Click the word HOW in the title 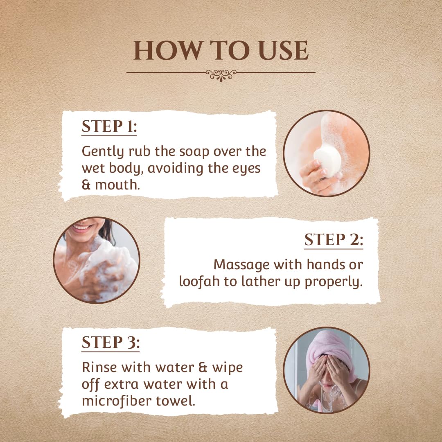pyautogui.click(x=168, y=50)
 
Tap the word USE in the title pyautogui.click(x=283, y=50)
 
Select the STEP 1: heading pyautogui.click(x=109, y=126)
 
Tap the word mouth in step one pyautogui.click(x=117, y=185)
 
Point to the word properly pyautogui.click(x=334, y=282)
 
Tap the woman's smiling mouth pyautogui.click(x=81, y=227)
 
